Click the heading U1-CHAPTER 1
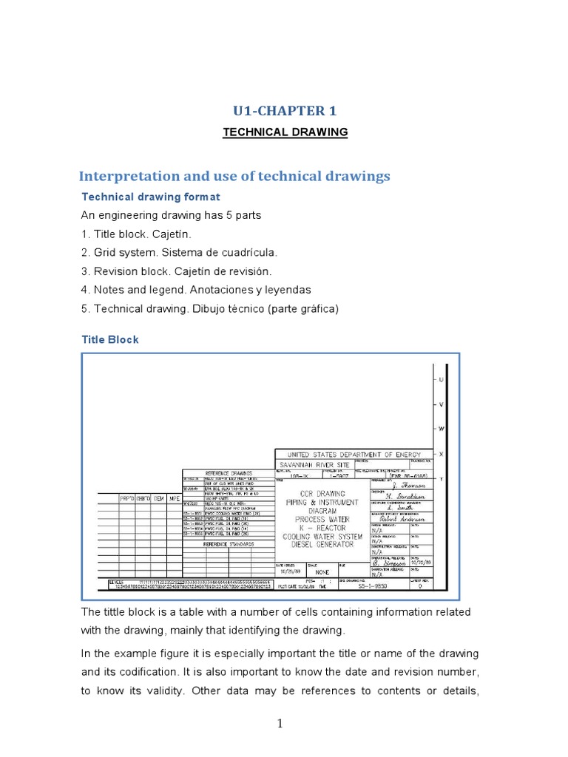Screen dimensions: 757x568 (x=285, y=111)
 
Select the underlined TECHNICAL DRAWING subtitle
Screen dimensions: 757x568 (x=285, y=132)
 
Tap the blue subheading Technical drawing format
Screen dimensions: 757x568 (x=150, y=197)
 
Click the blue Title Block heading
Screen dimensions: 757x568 (x=109, y=340)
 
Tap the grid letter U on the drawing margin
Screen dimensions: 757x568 (x=442, y=379)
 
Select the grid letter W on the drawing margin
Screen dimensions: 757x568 (x=442, y=429)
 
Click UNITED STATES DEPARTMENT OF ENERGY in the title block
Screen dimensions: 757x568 (x=358, y=455)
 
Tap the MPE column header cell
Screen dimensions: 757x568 (x=174, y=499)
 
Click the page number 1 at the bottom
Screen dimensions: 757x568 (x=280, y=724)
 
